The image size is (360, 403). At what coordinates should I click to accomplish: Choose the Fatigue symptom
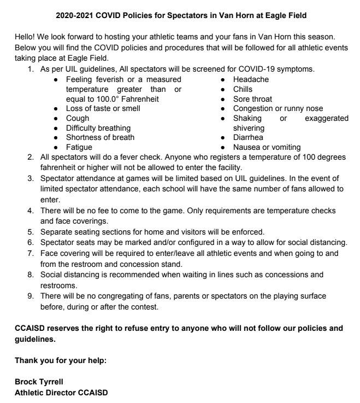point(79,147)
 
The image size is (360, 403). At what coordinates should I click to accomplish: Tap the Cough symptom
point(78,118)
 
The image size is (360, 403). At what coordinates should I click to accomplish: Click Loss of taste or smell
point(103,108)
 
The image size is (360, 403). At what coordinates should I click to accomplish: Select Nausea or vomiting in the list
point(267,147)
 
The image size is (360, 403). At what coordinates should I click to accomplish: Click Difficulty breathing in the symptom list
point(98,128)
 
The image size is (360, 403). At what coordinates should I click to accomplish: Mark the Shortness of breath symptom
point(100,137)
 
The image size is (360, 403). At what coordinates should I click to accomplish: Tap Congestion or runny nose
point(278,108)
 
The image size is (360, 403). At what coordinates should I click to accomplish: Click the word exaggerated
point(323,118)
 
